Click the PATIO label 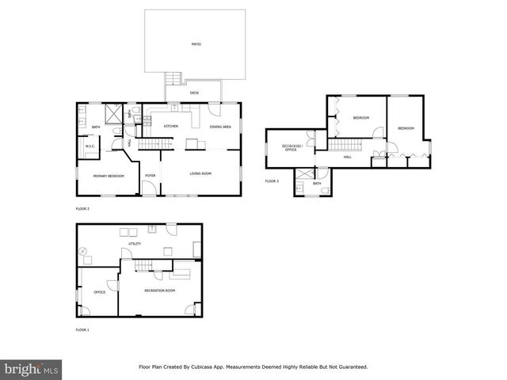tap(195, 44)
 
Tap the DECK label tap(194, 93)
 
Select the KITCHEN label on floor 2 tap(170, 127)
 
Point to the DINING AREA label tap(220, 127)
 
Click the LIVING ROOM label tap(200, 173)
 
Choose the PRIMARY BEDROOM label tap(109, 176)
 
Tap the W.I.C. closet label tap(90, 146)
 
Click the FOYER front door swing tap(149, 188)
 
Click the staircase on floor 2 tap(155, 143)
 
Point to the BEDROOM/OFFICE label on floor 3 tap(290, 148)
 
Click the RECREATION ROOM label tap(159, 291)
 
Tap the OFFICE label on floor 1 tap(100, 292)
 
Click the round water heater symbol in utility tap(85, 251)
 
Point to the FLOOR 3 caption tap(272, 181)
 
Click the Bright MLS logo tap(31, 369)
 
